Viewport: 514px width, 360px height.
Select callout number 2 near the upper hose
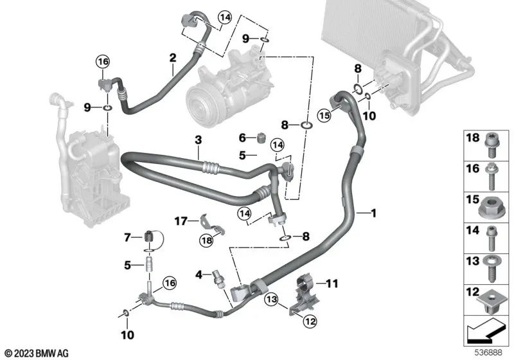(x=172, y=59)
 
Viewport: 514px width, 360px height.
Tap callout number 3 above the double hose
(x=199, y=139)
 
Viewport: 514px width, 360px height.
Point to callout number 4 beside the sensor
(x=199, y=274)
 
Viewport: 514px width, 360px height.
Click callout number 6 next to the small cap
(x=242, y=137)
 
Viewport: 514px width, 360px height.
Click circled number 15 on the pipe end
(x=324, y=115)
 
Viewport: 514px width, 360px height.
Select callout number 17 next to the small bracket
(x=181, y=221)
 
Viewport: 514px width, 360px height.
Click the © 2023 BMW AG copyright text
(x=37, y=352)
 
